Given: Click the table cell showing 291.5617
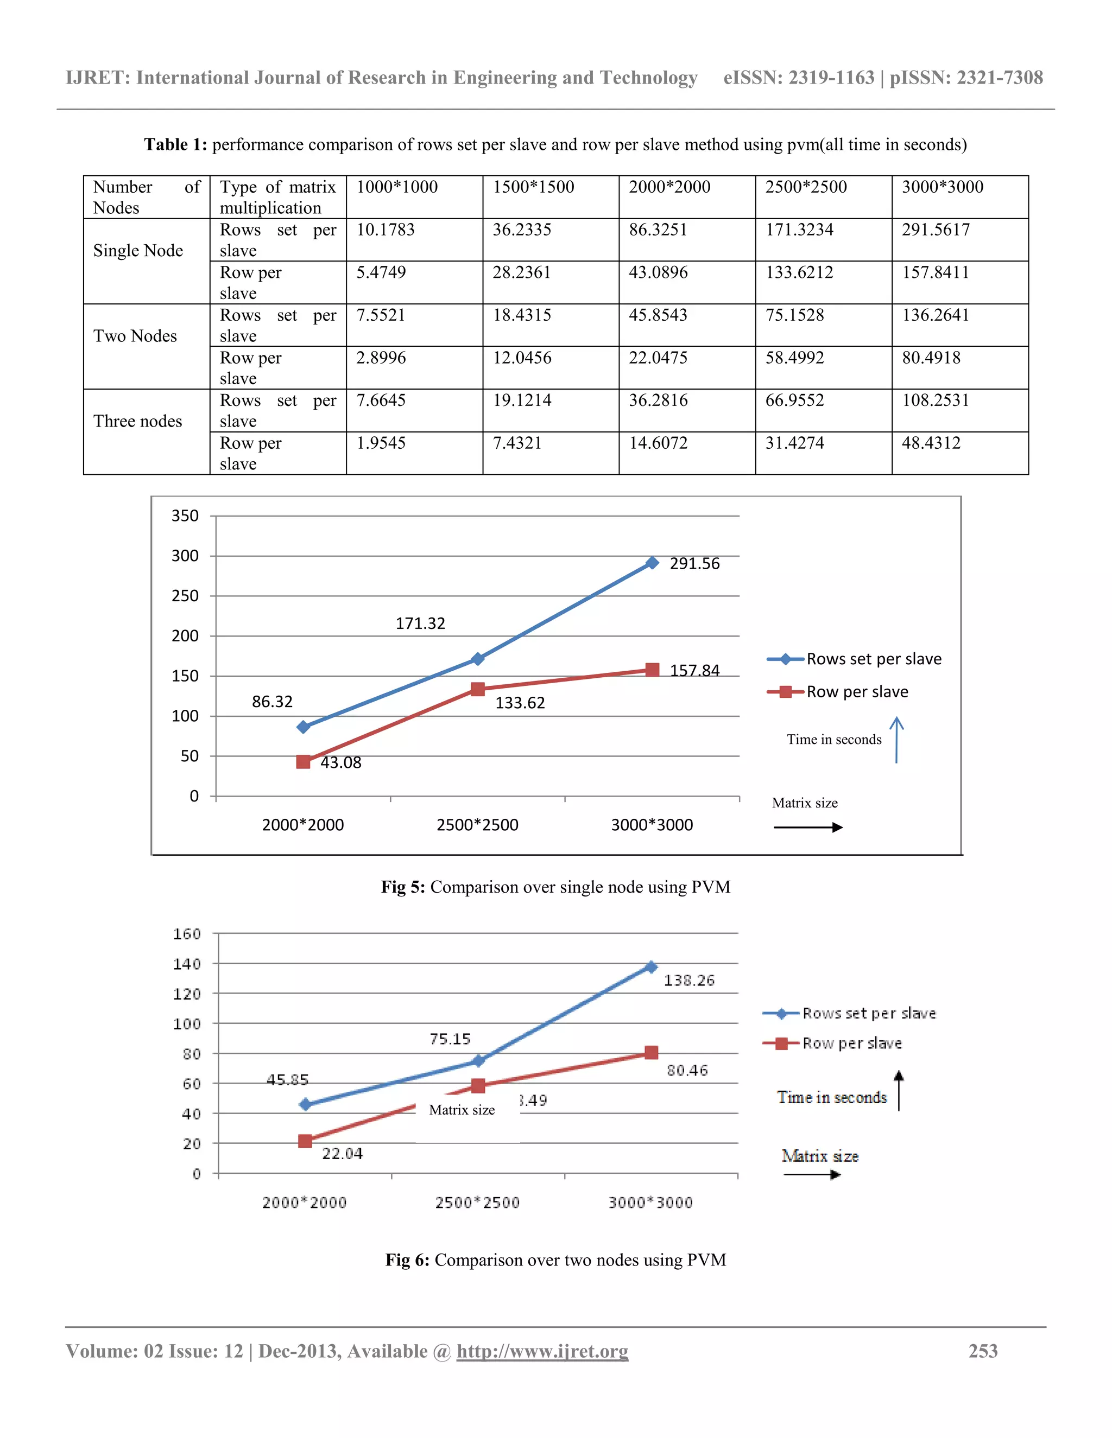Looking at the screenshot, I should (936, 230).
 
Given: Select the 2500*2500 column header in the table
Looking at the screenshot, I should (806, 187).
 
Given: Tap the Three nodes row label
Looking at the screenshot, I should (138, 422).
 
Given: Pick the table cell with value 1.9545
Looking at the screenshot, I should (381, 443).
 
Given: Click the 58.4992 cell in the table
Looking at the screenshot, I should (794, 358).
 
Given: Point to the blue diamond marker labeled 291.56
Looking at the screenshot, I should (652, 563).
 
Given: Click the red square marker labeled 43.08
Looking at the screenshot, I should (303, 762).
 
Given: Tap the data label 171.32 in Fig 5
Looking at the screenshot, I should (420, 623).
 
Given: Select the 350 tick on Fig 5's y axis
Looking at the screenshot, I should (185, 516).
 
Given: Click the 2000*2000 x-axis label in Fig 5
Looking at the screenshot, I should (303, 825).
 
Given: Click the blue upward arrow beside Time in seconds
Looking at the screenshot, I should (896, 740).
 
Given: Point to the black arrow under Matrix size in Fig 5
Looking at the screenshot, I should (808, 828).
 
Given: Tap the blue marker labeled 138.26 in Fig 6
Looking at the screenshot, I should (651, 967).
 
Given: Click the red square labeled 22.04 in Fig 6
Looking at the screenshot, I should (305, 1141).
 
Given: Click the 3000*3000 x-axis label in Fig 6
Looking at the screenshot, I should (651, 1203).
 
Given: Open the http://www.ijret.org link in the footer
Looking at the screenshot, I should (542, 1351).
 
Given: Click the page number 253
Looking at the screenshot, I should (983, 1351).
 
